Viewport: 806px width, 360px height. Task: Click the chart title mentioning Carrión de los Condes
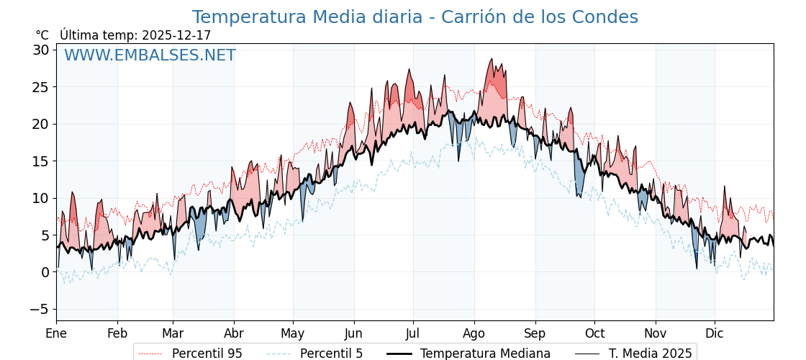coord(415,17)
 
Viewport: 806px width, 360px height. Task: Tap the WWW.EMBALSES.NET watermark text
coord(150,55)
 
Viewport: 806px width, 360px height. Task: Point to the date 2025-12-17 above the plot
coord(176,35)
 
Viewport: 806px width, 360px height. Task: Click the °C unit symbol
coord(42,35)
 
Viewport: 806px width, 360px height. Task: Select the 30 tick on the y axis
coord(40,50)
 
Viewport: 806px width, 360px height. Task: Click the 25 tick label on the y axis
coord(40,87)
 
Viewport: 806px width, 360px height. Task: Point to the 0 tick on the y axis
coord(45,272)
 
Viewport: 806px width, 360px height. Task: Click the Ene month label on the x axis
coord(56,333)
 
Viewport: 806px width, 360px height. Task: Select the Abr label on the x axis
coord(234,333)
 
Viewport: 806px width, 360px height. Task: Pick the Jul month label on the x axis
coord(413,333)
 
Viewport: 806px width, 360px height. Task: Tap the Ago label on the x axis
coord(474,333)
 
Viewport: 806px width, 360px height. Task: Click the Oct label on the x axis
coord(594,333)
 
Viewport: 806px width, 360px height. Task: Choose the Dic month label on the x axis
coord(715,333)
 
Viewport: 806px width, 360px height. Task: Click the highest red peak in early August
coord(492,60)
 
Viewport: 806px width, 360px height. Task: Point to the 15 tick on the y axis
coord(40,161)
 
